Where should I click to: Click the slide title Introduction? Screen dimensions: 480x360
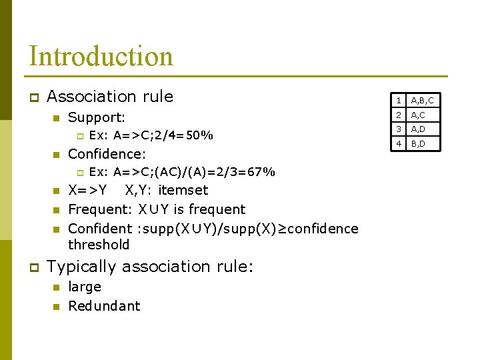tap(101, 56)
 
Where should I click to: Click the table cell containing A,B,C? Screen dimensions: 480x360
tap(422, 101)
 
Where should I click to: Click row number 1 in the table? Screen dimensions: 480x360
tap(398, 101)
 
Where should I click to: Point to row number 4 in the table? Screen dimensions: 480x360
tap(398, 143)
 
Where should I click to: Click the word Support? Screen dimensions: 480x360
tap(97, 118)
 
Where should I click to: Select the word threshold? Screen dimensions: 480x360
tap(99, 245)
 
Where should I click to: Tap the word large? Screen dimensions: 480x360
tap(85, 287)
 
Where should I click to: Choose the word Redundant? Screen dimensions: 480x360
tap(104, 306)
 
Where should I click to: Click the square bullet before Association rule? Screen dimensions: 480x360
tap(33, 98)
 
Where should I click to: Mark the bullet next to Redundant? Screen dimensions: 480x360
tap(56, 307)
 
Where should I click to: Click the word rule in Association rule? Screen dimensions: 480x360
tap(157, 96)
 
